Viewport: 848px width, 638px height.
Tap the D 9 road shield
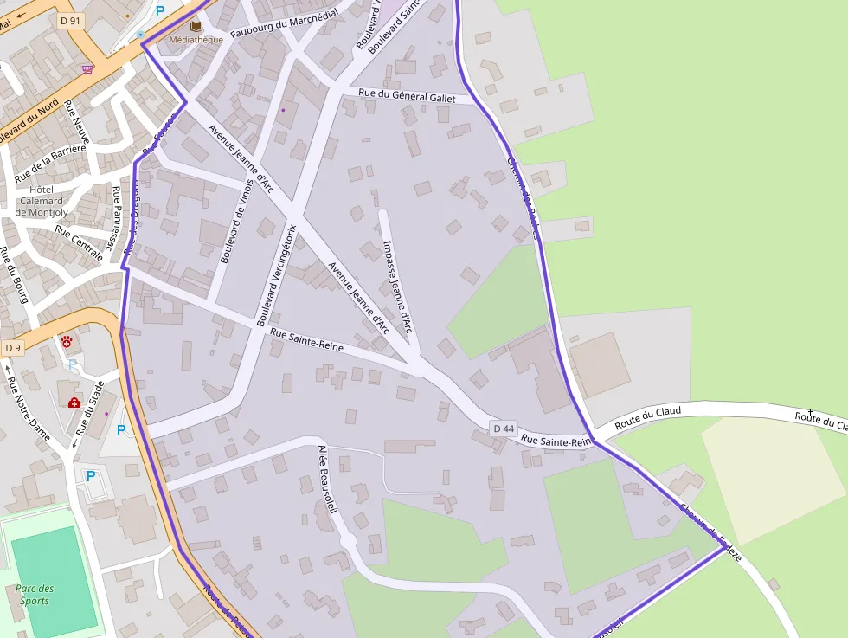pos(12,348)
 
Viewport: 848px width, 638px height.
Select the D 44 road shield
pos(504,429)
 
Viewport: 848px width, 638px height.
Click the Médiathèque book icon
pos(196,27)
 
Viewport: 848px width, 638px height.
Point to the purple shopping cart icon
pos(87,69)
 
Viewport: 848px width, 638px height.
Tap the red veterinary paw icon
pos(67,343)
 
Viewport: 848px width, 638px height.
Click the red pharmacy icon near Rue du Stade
pos(74,403)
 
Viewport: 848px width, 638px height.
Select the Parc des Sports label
pos(35,595)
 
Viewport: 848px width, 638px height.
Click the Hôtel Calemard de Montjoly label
pos(41,201)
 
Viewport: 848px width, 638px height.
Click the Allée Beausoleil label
pos(325,479)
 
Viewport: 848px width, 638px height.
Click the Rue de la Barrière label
pos(50,164)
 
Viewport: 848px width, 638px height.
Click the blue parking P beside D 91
pos(159,12)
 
